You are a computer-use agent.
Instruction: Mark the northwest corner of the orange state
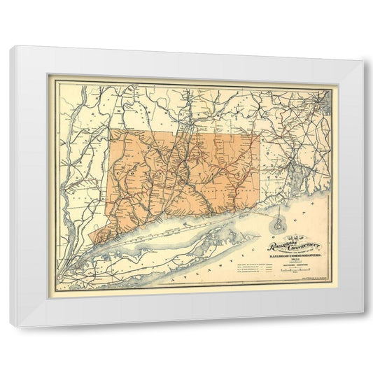110,129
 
